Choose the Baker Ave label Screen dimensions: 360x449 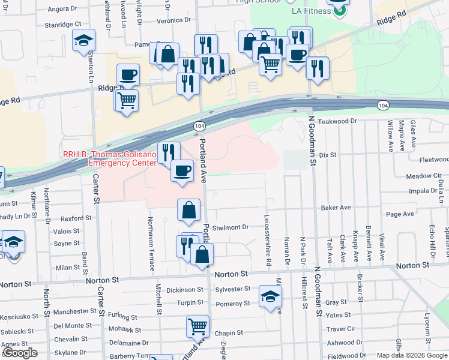tap(336, 208)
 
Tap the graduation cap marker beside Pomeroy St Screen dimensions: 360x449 tap(271, 296)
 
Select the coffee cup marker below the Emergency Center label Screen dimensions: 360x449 tap(182, 170)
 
